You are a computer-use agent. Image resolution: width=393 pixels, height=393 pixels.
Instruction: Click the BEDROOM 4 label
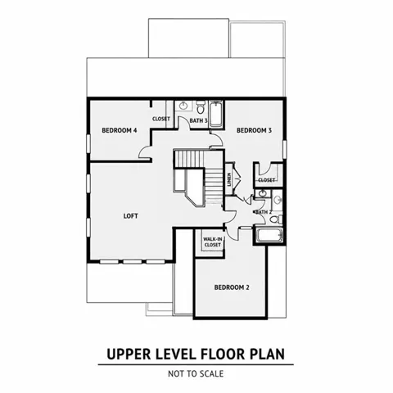pos(120,130)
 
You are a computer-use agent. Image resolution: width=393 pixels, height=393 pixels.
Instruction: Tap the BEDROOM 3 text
pos(254,130)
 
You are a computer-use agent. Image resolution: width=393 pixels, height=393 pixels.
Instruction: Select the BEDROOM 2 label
pos(232,287)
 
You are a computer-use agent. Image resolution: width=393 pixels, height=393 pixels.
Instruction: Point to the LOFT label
pos(131,216)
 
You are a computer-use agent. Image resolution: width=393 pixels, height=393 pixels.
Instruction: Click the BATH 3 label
pos(199,120)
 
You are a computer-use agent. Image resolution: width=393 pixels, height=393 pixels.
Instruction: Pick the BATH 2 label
pos(263,212)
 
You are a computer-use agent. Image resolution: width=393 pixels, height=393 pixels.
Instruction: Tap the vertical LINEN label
pos(229,179)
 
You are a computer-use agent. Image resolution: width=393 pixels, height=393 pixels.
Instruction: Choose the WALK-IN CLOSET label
pos(213,242)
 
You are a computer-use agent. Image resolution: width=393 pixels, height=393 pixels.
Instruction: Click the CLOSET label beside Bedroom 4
pos(161,119)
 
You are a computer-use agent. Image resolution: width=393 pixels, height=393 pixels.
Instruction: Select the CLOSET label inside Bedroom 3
pos(266,180)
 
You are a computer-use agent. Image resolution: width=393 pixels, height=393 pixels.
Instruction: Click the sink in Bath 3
pos(183,106)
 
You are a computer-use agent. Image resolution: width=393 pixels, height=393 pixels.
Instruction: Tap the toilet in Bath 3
pos(201,107)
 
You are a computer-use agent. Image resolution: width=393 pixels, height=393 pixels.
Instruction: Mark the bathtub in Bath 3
pos(216,114)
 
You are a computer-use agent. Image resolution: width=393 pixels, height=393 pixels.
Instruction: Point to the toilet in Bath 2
pos(276,219)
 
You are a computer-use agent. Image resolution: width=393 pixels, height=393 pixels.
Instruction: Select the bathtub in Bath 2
pos(269,236)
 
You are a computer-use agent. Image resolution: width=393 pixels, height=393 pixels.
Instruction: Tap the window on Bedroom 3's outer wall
pos(285,149)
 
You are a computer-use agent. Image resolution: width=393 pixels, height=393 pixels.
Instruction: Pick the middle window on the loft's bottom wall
pos(133,262)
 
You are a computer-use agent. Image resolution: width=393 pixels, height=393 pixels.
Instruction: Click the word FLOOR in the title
pos(223,354)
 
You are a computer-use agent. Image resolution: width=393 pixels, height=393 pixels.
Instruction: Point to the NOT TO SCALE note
pos(196,373)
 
